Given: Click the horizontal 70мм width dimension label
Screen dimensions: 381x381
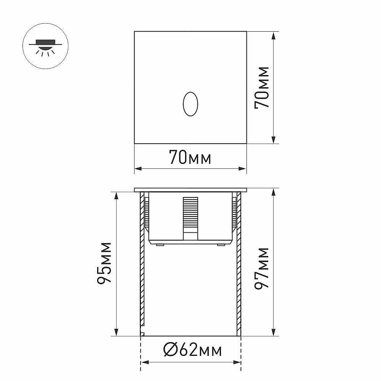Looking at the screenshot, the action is pos(190,157).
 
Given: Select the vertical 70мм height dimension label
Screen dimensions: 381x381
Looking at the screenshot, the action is pos(262,88).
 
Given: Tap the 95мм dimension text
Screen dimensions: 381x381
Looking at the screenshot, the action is pos(104,263).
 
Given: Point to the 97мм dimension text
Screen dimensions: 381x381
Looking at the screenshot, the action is pos(262,268).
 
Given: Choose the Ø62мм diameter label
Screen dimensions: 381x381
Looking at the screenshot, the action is pos(192,350).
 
